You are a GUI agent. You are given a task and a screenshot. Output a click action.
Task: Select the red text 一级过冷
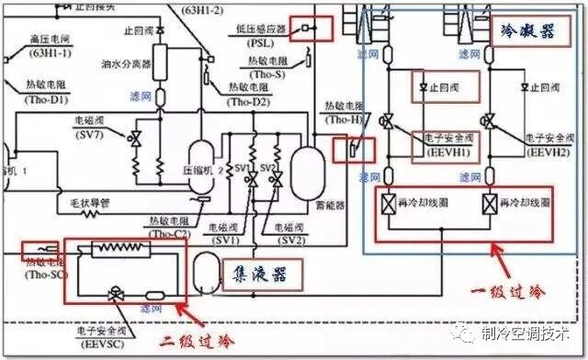click(x=511, y=292)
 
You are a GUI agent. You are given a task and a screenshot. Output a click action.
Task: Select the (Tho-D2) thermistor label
click(x=249, y=101)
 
